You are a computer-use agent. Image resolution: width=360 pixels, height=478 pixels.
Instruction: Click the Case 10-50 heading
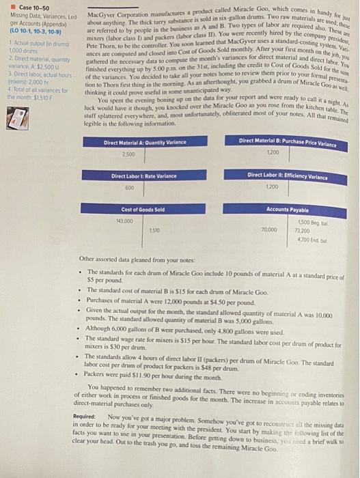tap(30, 7)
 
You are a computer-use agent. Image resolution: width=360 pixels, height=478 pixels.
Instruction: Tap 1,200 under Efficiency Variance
tap(273, 186)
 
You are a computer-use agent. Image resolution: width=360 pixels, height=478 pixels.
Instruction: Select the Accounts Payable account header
tap(283, 208)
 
